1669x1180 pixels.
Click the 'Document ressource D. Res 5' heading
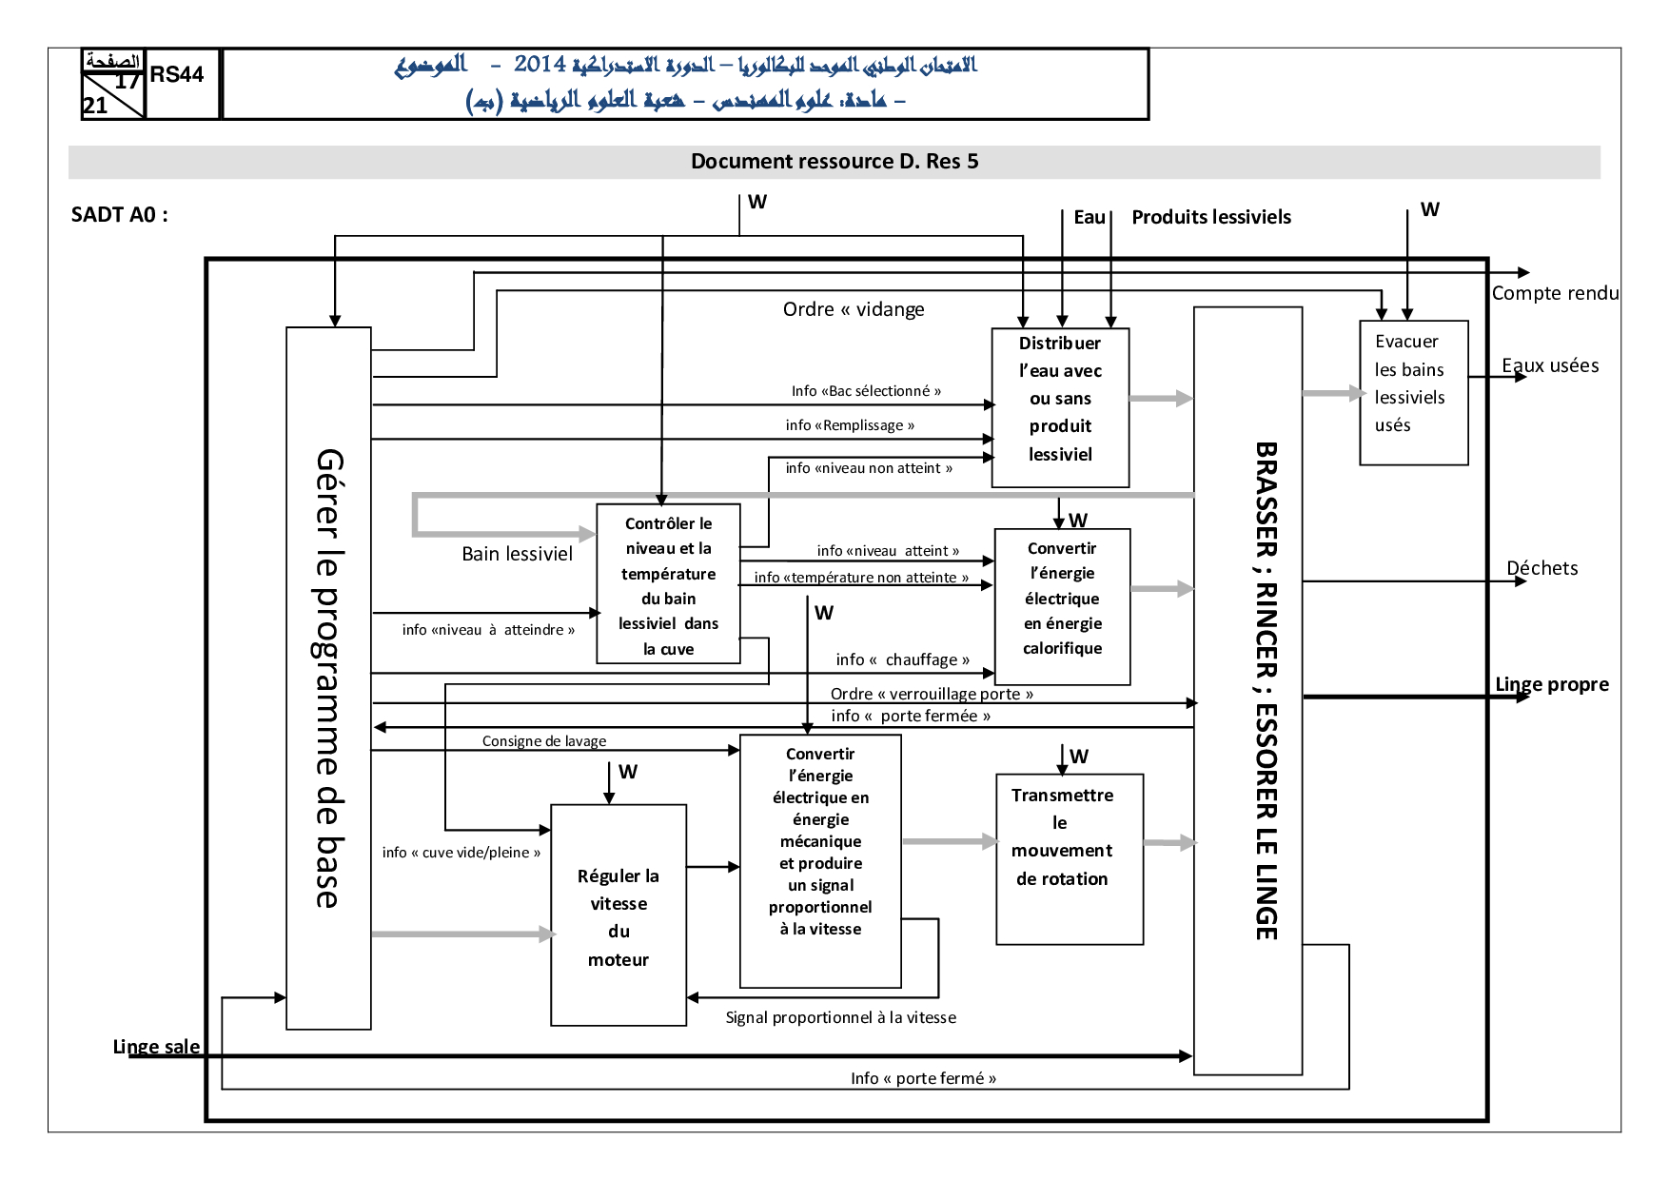tap(834, 162)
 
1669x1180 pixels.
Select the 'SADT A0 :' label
tap(119, 215)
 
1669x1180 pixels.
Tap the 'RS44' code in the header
tap(177, 74)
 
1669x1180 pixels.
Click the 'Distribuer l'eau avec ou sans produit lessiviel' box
tap(1060, 407)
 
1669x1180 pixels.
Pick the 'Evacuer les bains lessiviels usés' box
tap(1413, 392)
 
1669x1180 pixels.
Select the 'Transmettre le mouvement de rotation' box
tap(1069, 858)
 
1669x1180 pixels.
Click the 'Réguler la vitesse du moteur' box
tap(619, 914)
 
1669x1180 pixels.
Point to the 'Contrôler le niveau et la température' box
tap(668, 583)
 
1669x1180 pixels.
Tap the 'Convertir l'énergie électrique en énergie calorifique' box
tap(1062, 606)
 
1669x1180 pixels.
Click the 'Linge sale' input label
tap(156, 1047)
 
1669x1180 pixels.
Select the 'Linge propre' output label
tap(1551, 684)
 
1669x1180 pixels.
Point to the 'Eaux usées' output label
tap(1549, 365)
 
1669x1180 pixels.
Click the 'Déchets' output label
tap(1541, 568)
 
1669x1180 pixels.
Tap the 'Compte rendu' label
tap(1555, 293)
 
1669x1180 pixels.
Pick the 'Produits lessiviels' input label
tap(1210, 217)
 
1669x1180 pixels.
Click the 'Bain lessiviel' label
tap(517, 554)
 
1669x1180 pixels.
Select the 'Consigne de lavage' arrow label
tap(543, 741)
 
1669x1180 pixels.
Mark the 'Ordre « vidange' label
tap(853, 309)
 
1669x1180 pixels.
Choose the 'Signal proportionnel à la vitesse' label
tap(840, 1017)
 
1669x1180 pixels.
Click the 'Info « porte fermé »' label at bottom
tap(923, 1078)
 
